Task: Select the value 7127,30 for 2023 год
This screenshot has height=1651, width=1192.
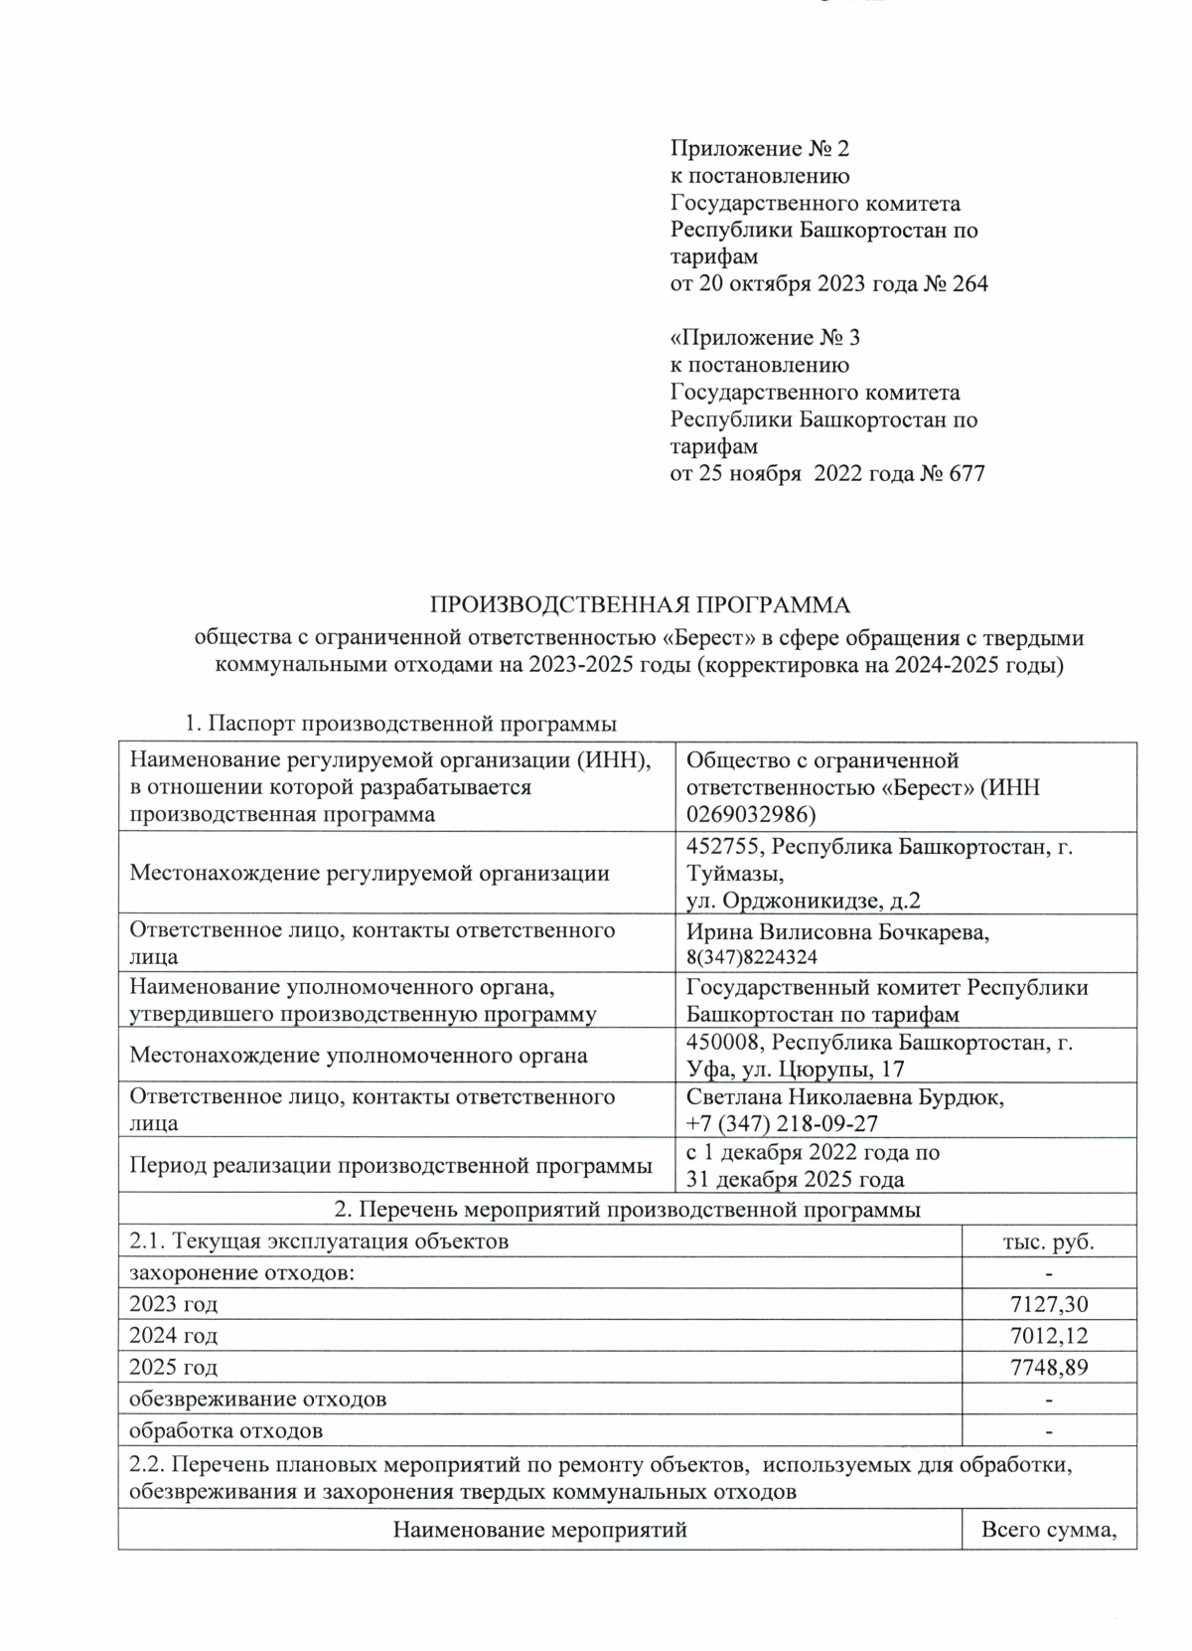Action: [1049, 1303]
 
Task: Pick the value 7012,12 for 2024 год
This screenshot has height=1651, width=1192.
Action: [1049, 1335]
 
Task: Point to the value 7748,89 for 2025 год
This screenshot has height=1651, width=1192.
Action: [1049, 1367]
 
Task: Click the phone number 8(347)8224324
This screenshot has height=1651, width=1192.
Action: [751, 957]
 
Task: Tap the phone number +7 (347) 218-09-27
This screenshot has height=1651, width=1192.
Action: [782, 1123]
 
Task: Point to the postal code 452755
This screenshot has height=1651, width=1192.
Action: [725, 847]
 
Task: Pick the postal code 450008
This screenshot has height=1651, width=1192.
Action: [725, 1043]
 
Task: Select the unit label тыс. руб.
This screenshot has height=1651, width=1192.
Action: [1050, 1241]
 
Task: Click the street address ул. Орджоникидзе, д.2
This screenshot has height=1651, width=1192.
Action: [804, 901]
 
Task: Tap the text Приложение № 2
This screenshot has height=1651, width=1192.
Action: [760, 149]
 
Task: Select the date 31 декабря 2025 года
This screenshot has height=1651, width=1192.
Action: [795, 1180]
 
